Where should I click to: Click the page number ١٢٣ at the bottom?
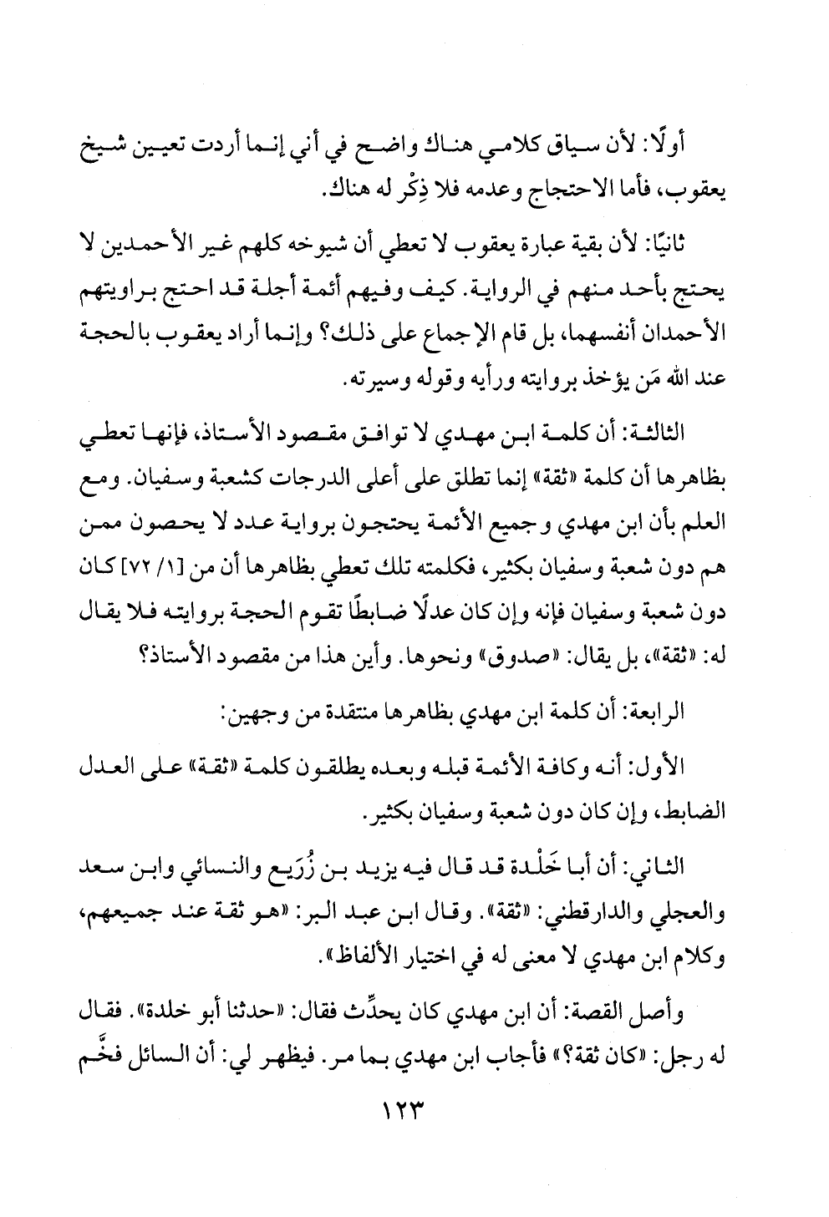coord(414,1114)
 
